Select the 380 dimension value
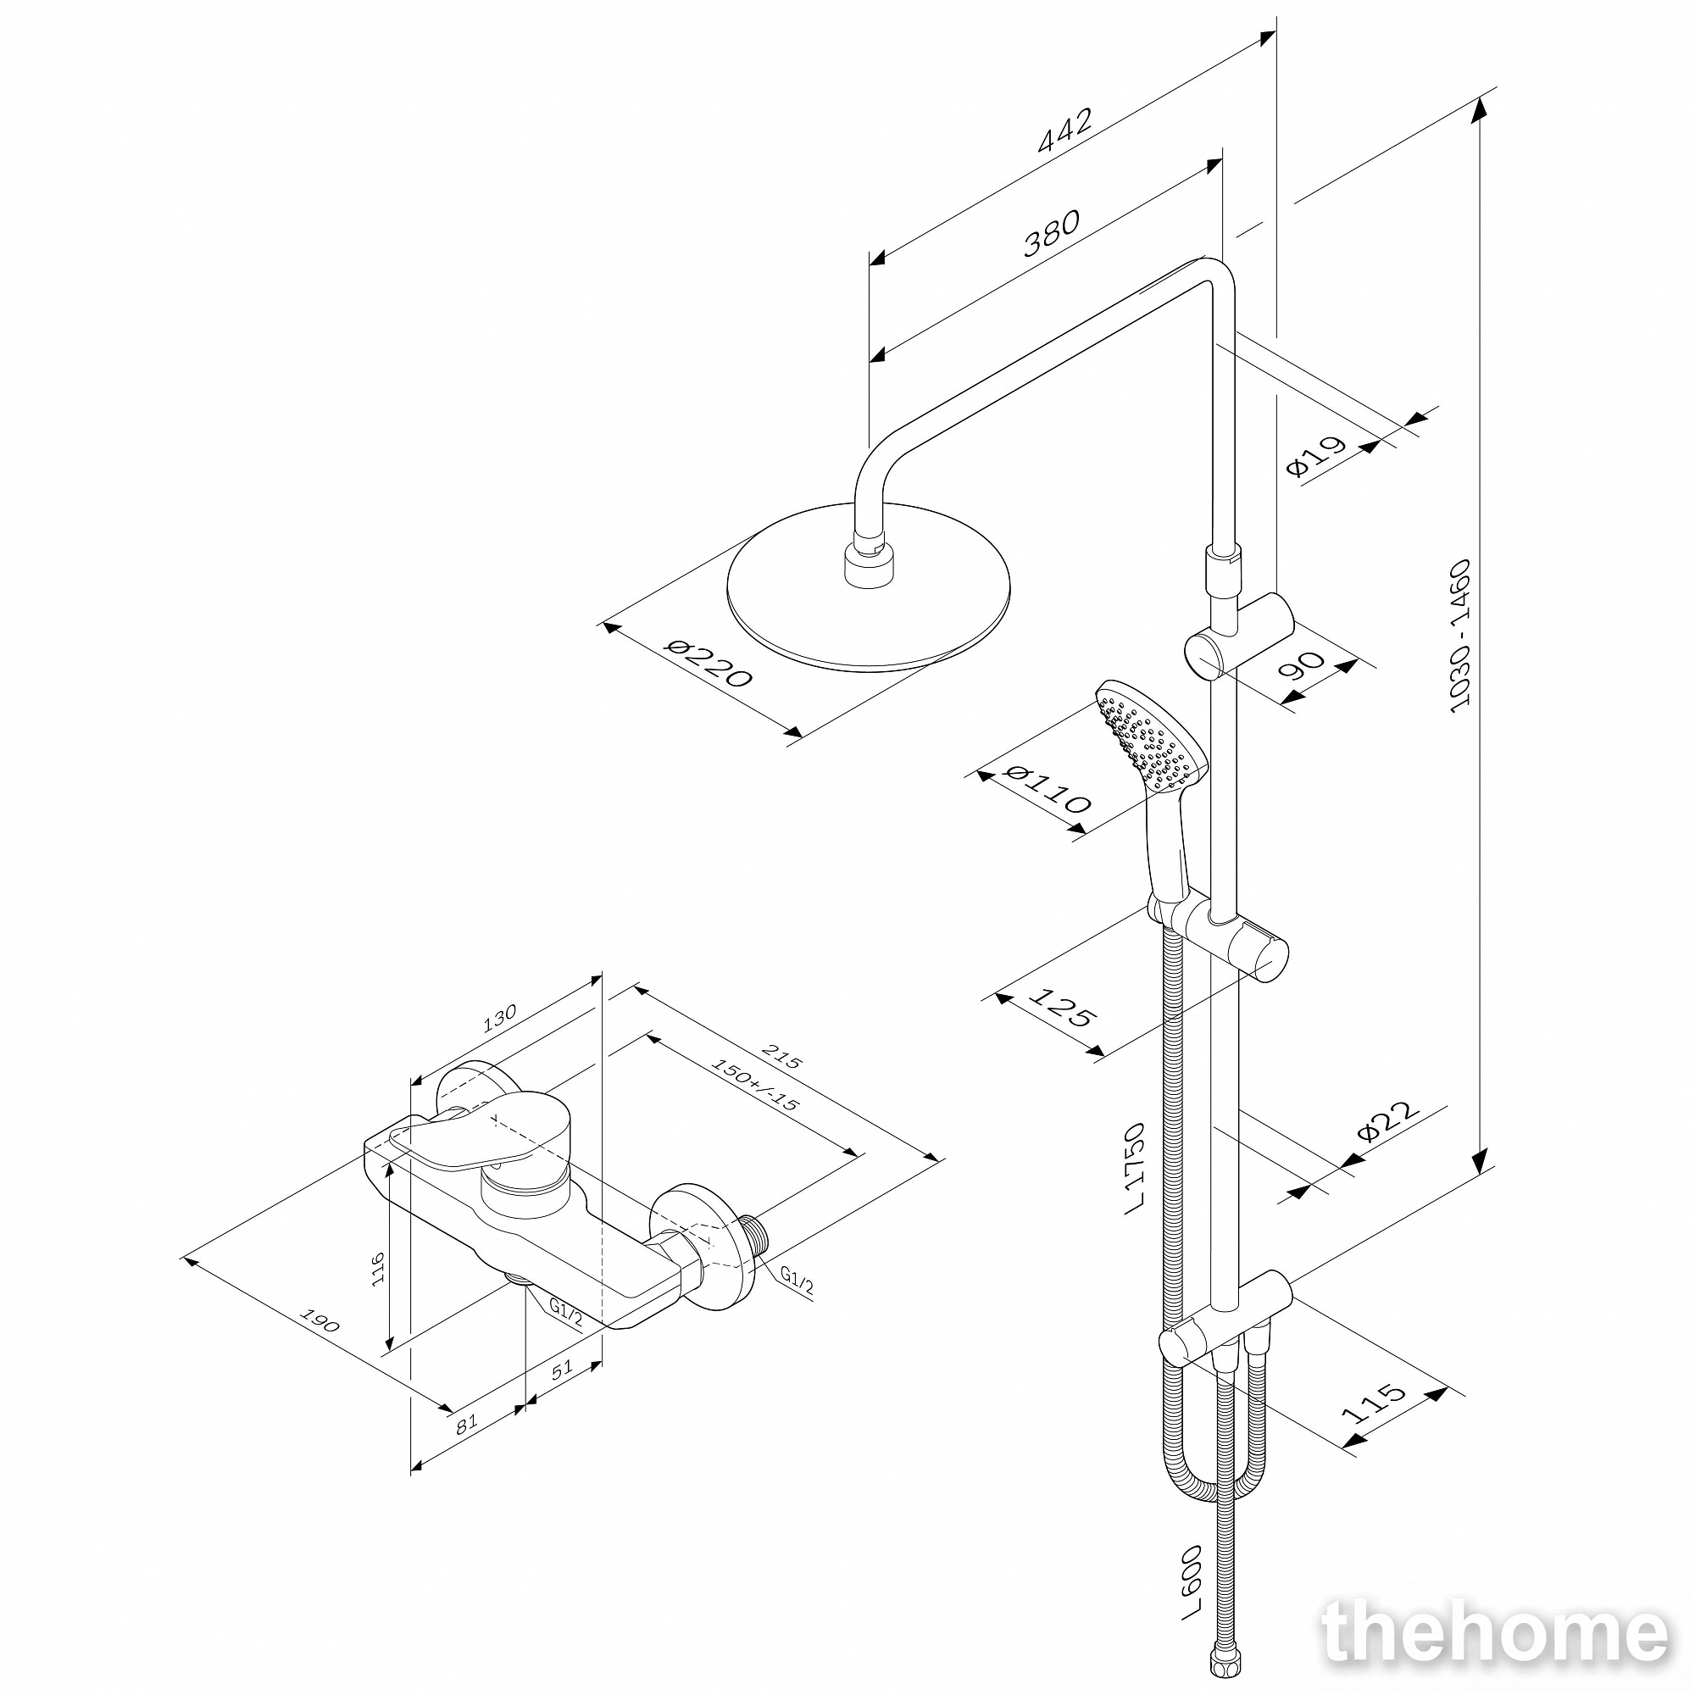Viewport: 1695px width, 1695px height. click(x=1051, y=234)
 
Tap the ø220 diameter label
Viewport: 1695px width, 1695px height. click(x=709, y=664)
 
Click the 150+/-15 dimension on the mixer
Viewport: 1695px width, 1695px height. click(x=754, y=1085)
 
